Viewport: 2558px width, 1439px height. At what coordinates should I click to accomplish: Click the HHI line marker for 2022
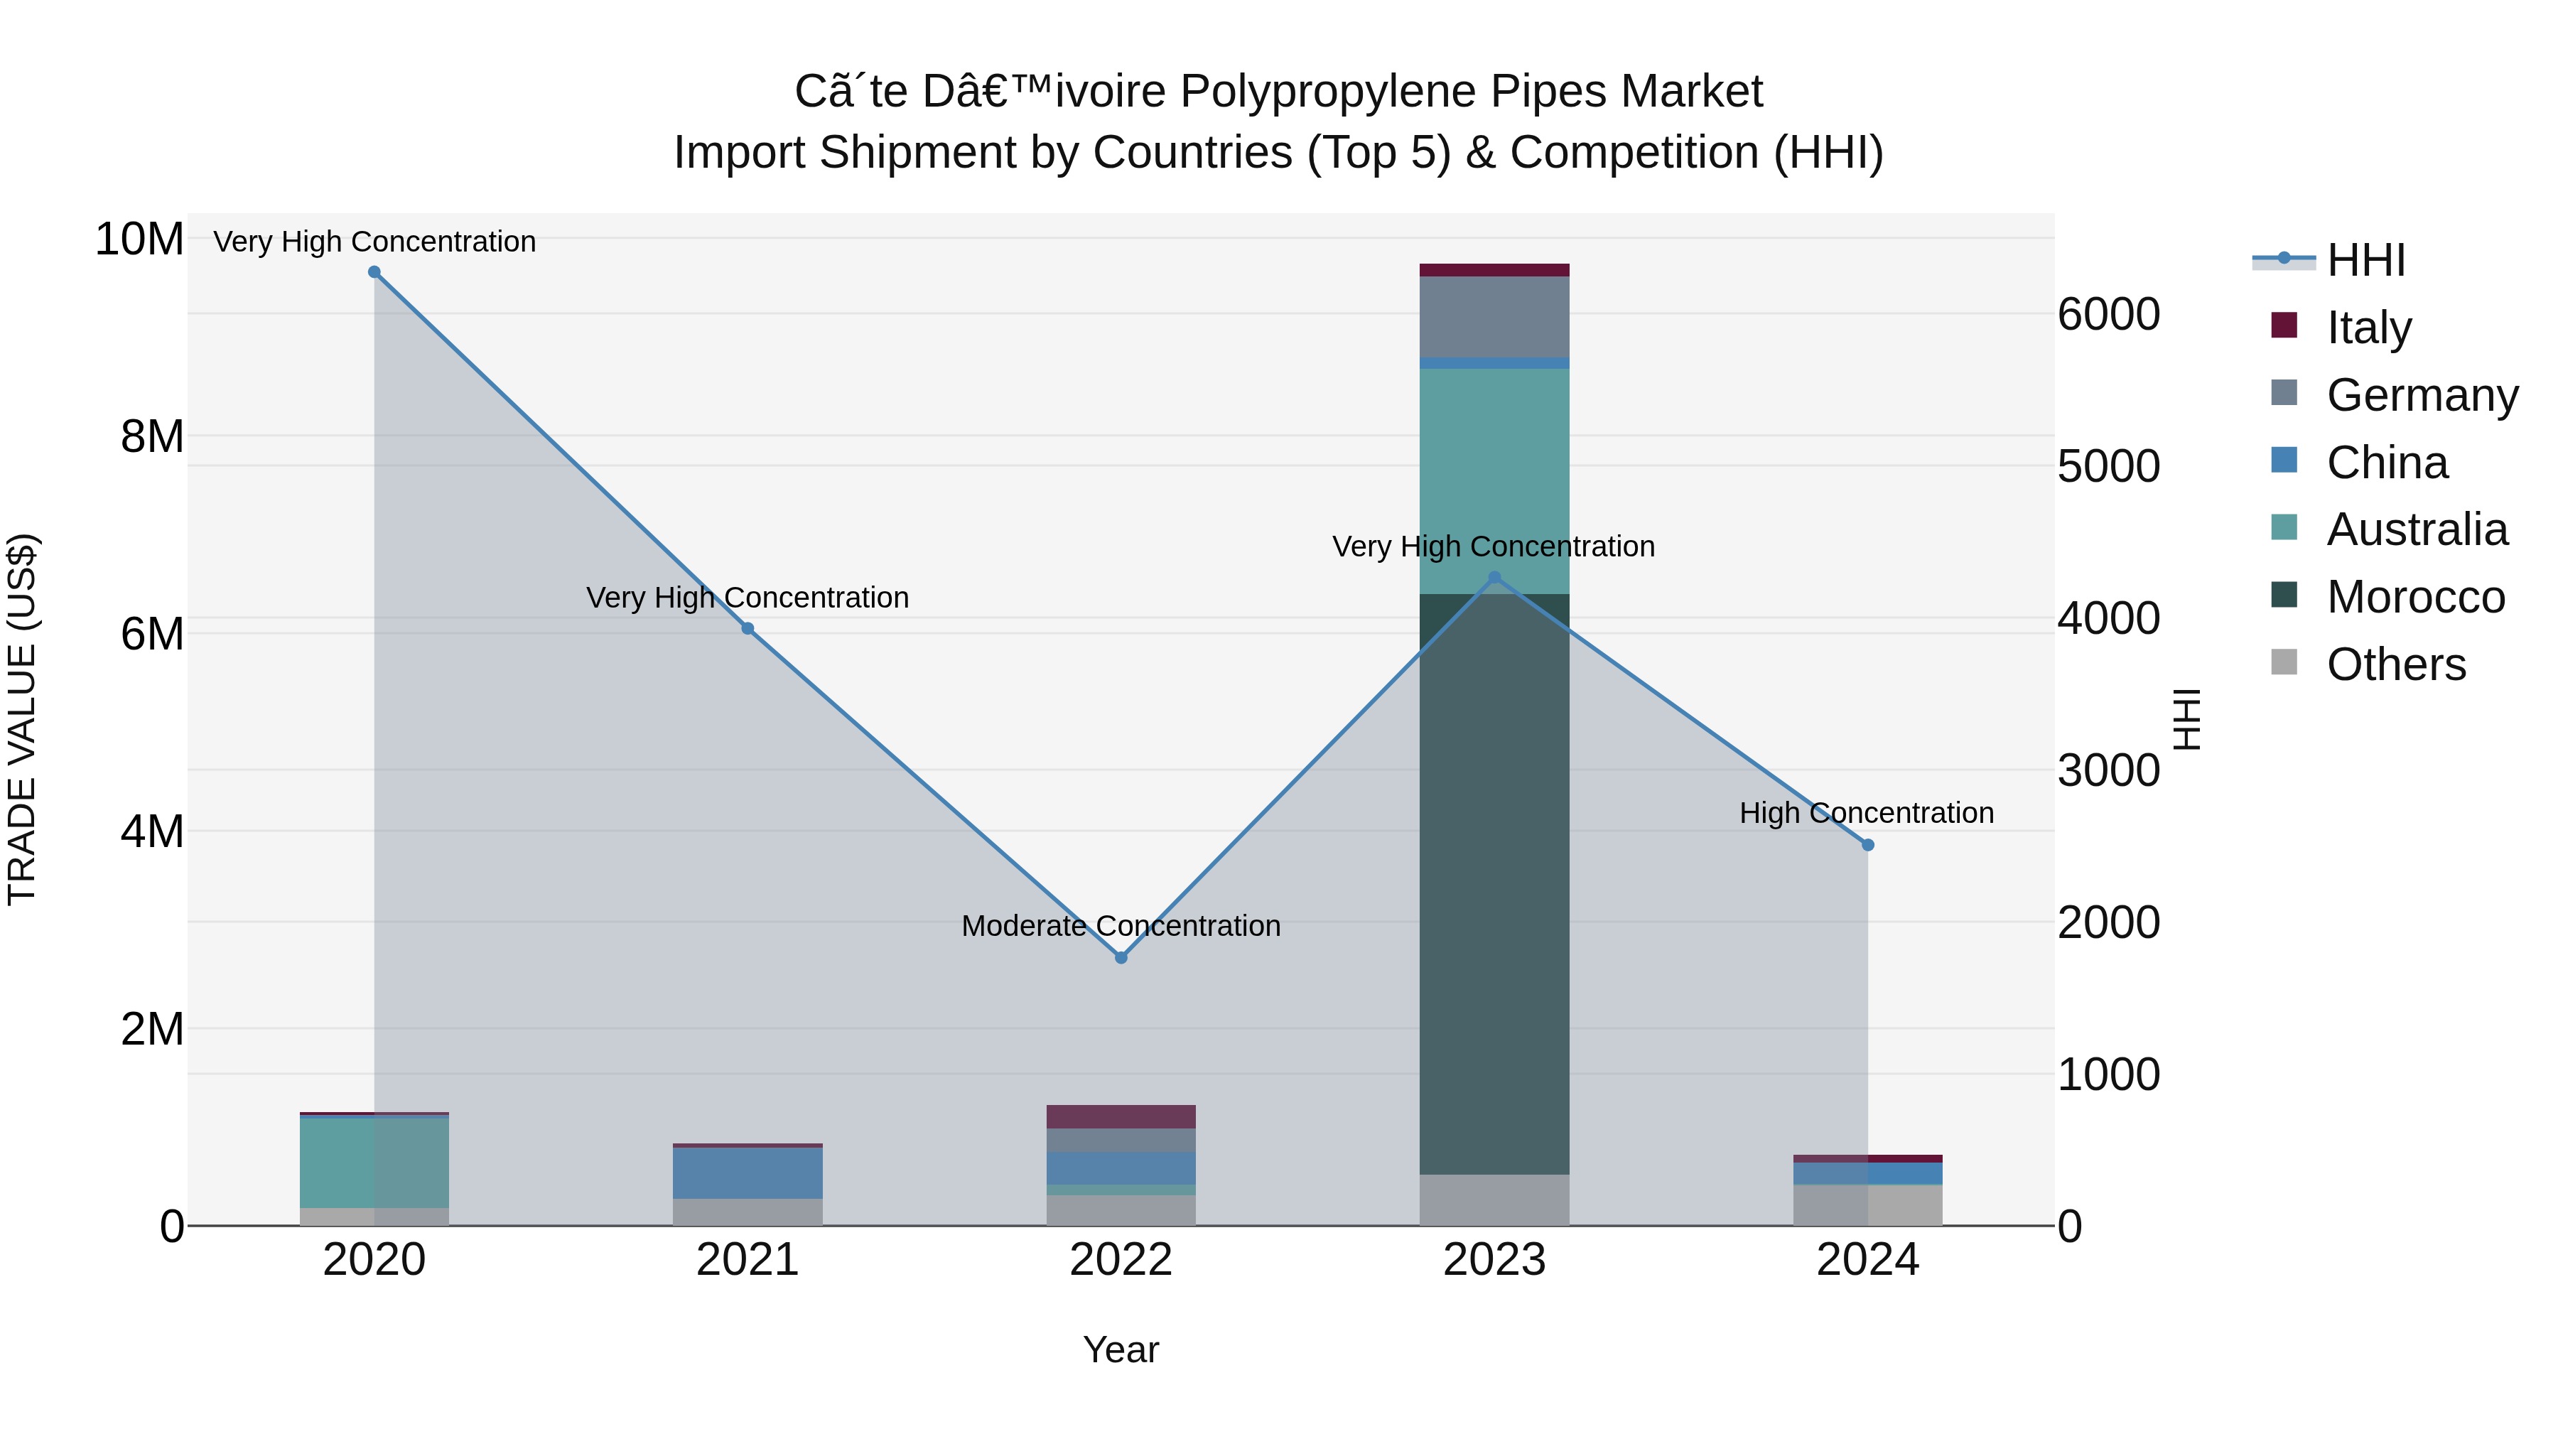(1121, 957)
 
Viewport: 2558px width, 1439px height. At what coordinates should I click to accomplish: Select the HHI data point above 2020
(374, 272)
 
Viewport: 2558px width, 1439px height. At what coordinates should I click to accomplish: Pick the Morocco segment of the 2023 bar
(1494, 884)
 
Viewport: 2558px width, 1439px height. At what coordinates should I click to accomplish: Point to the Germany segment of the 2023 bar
(1494, 317)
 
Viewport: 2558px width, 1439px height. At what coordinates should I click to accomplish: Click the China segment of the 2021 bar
(748, 1173)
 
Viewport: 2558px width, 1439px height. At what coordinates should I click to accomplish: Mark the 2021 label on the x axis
(748, 1260)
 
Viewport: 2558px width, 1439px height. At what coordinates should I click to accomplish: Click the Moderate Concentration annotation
(1121, 925)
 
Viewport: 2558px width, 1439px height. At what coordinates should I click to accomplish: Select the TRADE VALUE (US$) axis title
(22, 719)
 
